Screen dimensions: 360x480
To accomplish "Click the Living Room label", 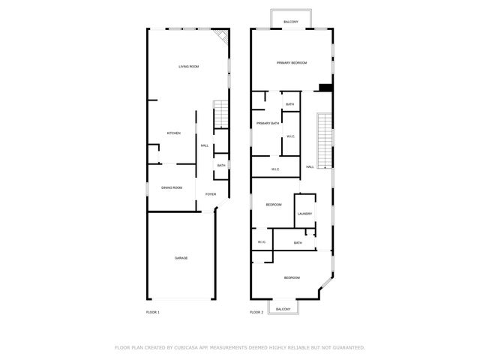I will click(188, 67).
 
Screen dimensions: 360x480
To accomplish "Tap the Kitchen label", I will click(173, 133).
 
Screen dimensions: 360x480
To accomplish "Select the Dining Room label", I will click(172, 187).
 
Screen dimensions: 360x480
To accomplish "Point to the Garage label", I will click(181, 258).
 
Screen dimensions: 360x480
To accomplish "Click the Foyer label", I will click(211, 194).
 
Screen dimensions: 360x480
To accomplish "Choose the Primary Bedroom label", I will click(292, 63).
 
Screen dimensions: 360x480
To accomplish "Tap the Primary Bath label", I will click(268, 123).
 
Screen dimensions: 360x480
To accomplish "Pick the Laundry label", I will click(304, 214).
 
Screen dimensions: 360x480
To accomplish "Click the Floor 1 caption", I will click(152, 312).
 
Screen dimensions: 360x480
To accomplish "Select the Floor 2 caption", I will click(256, 312).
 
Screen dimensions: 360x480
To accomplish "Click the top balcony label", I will click(291, 22).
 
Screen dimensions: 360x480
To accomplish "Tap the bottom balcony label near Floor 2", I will click(283, 309).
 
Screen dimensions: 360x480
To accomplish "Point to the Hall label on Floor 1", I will click(205, 145).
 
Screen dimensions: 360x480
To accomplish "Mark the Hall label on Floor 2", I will click(310, 166).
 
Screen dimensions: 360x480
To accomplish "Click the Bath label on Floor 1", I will click(221, 166).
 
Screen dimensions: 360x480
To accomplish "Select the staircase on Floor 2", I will click(325, 140).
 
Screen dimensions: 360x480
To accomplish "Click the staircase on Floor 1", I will click(220, 115).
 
